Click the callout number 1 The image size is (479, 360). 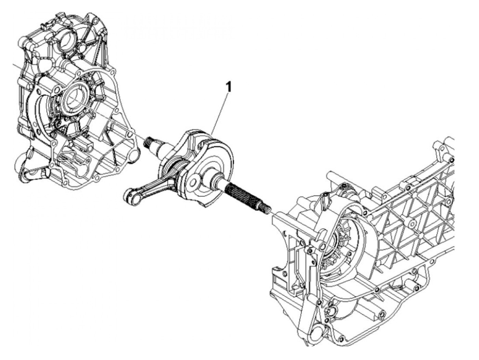click(x=228, y=87)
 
